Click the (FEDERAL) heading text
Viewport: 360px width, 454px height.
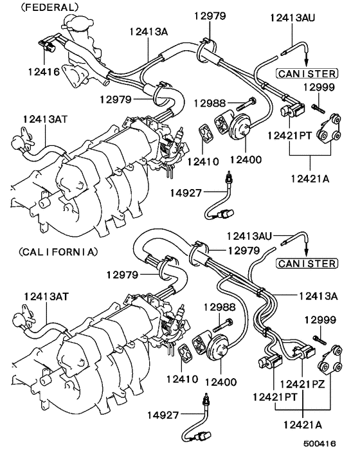(x=42, y=7)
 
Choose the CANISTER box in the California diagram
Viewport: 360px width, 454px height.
(x=306, y=264)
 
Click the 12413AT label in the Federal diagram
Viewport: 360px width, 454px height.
(x=43, y=119)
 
